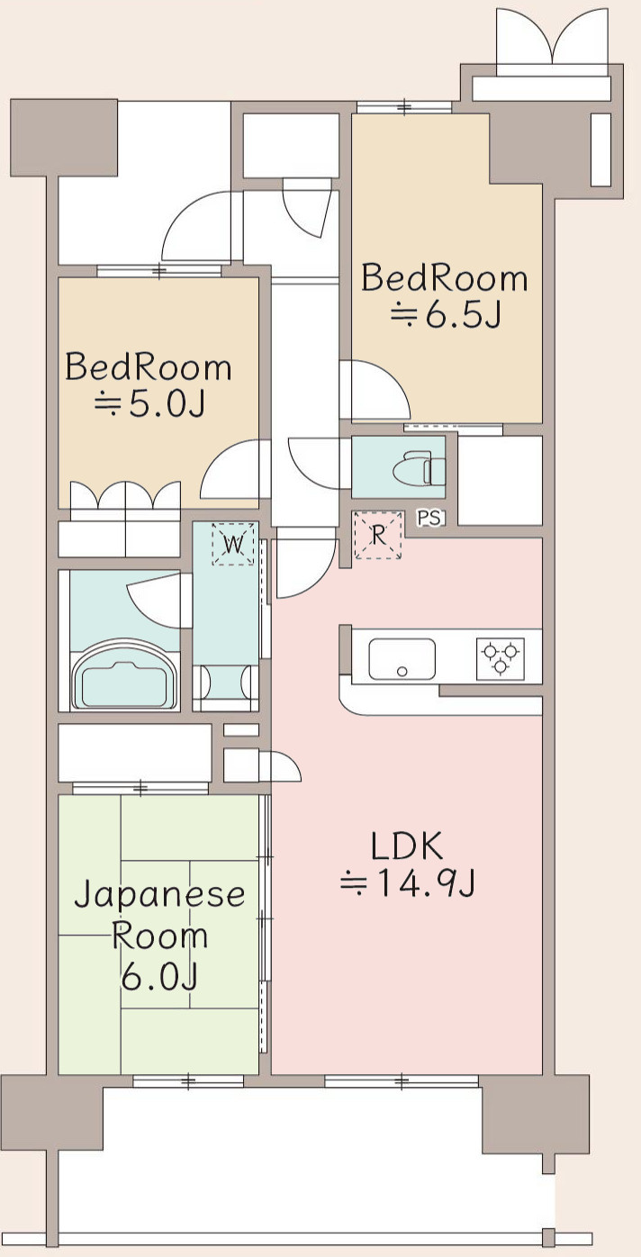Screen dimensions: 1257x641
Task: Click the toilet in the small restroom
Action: (422, 468)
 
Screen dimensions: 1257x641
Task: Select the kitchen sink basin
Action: (402, 660)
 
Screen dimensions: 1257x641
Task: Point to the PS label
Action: (429, 518)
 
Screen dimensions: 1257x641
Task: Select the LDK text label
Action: (406, 847)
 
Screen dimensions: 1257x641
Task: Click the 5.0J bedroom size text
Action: (149, 405)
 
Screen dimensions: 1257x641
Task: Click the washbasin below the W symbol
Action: (225, 681)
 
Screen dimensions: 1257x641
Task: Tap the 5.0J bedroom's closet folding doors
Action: (126, 498)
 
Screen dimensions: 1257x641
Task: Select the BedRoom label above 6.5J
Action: (445, 277)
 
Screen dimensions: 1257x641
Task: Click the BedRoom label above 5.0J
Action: (149, 367)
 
